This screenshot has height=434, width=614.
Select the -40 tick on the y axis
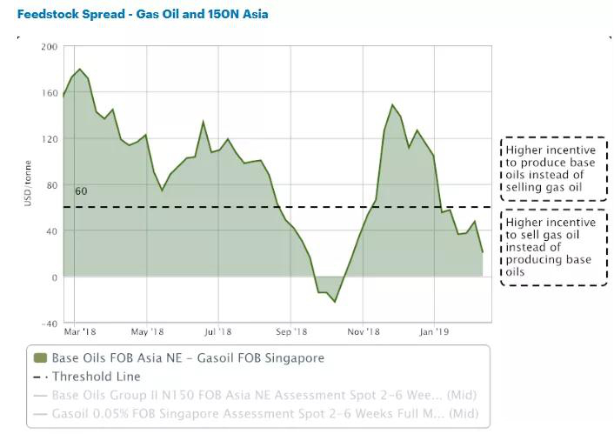50,323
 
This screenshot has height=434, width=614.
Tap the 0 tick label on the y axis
54,277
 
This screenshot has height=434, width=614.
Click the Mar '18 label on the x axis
79,331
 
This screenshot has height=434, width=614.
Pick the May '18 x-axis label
148,331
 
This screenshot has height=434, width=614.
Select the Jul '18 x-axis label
218,331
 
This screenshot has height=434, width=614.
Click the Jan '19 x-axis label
435,331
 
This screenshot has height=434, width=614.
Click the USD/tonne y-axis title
28,185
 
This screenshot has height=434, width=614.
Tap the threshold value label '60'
81,191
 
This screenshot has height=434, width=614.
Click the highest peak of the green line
80,69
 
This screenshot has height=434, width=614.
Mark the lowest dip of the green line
335,302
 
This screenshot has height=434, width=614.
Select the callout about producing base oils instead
553,169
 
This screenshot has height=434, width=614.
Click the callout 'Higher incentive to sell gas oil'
553,247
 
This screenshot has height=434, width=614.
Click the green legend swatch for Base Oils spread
39,357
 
